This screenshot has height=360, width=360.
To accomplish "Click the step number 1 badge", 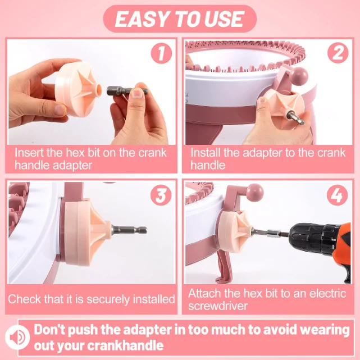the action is click(161, 53).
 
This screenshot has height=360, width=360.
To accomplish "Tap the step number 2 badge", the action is click(338, 53).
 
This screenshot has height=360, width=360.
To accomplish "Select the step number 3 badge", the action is click(161, 195).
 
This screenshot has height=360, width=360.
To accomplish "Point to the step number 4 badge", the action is click(338, 195).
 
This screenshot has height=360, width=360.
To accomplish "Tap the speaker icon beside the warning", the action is click(17, 338).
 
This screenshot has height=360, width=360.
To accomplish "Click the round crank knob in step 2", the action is click(299, 76).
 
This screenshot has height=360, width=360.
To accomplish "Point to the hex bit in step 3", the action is click(129, 230).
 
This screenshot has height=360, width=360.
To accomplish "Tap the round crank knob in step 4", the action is click(254, 193).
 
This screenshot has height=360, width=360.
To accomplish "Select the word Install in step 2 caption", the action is click(206, 152).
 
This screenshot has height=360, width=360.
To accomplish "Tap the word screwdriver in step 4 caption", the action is click(218, 306).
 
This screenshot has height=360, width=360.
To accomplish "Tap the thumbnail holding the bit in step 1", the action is click(138, 93).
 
